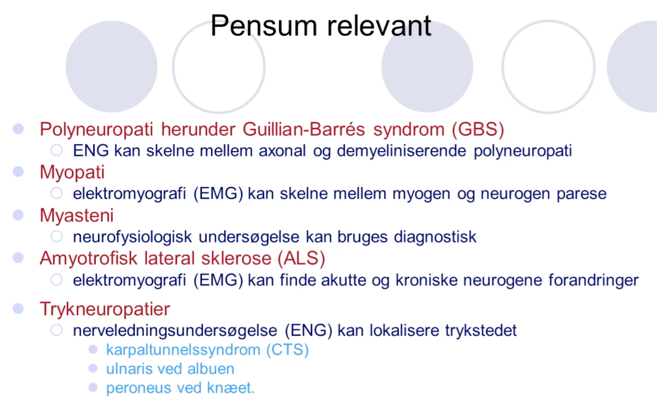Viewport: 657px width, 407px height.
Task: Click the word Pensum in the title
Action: point(264,26)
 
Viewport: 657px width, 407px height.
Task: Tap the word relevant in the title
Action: point(379,26)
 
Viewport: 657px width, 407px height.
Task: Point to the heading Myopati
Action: point(72,172)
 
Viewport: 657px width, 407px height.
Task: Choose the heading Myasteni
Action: point(76,215)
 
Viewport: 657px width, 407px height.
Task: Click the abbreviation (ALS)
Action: point(301,258)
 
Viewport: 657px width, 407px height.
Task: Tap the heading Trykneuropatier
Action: point(105,309)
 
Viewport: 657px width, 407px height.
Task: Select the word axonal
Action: point(282,151)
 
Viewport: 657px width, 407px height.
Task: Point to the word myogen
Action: point(421,194)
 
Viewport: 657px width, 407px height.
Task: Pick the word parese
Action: point(581,194)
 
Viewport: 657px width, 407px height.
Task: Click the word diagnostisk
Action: point(435,237)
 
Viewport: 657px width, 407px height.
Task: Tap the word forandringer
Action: point(593,280)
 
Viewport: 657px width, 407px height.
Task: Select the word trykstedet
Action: point(481,331)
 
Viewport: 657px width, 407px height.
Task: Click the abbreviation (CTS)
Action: point(287,350)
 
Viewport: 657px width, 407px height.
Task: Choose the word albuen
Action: point(211,369)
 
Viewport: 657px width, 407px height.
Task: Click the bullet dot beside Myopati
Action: point(18,172)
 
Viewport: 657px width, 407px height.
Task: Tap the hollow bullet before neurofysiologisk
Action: point(57,237)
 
